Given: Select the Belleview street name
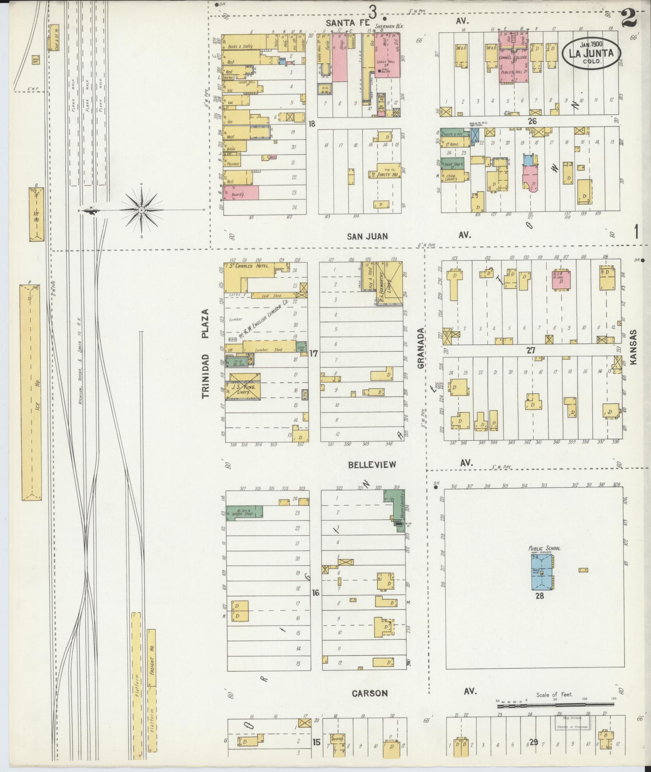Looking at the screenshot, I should pos(372,464).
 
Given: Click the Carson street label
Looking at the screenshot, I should pos(370,693).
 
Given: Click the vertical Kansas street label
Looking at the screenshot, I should pos(632,347).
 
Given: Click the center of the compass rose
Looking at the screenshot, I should pos(142,210).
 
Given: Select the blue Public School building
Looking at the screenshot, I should pos(542,573).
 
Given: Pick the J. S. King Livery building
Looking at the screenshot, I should pos(245,386).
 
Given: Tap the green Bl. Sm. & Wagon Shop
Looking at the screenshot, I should pos(244,512).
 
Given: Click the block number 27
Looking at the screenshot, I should pos(530,350).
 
